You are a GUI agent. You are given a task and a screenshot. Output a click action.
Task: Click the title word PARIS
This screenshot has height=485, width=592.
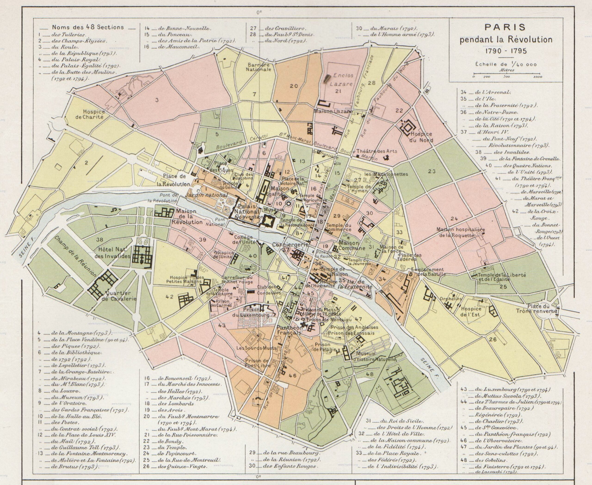(505, 27)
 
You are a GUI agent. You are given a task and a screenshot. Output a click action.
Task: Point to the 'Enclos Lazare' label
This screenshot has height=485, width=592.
(343, 79)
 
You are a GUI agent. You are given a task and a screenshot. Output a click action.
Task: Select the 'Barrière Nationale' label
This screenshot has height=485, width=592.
(258, 67)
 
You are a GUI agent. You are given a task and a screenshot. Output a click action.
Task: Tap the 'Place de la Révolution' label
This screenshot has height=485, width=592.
(174, 180)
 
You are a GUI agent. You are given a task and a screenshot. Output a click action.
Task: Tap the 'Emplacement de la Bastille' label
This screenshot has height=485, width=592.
(427, 272)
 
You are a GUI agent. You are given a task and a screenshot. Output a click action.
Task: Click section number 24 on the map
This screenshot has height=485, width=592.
(454, 219)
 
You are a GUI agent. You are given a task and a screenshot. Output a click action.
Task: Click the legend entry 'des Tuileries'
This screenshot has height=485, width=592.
(68, 35)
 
